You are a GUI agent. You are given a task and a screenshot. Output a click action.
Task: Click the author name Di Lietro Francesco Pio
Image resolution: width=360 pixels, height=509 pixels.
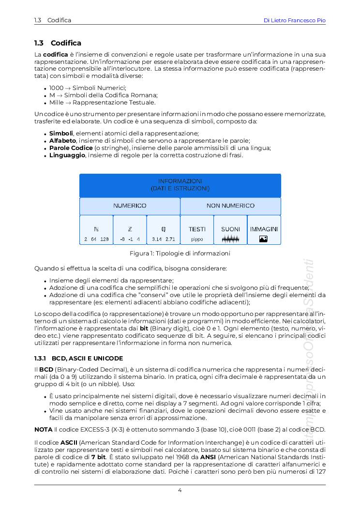(294, 20)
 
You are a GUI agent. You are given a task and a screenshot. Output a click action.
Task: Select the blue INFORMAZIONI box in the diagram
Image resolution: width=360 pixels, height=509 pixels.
(180, 185)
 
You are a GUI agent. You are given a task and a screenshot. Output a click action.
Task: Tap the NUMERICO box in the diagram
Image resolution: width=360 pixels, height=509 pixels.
(130, 206)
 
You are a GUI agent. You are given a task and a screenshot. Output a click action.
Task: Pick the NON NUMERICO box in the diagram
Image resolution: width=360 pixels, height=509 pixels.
(230, 206)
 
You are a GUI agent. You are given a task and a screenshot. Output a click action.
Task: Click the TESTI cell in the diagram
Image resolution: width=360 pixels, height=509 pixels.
(197, 229)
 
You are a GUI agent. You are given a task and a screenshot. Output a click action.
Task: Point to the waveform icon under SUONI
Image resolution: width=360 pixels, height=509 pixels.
(230, 239)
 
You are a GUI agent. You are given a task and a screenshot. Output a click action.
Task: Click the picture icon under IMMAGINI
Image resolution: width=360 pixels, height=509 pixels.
(264, 239)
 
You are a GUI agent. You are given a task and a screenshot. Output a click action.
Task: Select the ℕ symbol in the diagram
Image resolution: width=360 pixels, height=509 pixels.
(96, 229)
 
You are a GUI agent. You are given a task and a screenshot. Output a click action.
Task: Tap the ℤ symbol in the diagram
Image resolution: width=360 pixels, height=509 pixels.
(130, 229)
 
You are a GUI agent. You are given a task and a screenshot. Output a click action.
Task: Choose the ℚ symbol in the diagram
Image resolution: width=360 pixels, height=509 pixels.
(164, 229)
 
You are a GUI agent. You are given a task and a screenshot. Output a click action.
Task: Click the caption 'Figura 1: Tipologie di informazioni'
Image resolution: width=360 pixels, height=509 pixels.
(180, 254)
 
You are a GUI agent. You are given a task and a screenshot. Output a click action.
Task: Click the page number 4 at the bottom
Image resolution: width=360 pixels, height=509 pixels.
(180, 490)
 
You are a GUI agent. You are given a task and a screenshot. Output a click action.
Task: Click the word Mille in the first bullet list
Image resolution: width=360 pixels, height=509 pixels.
(56, 103)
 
